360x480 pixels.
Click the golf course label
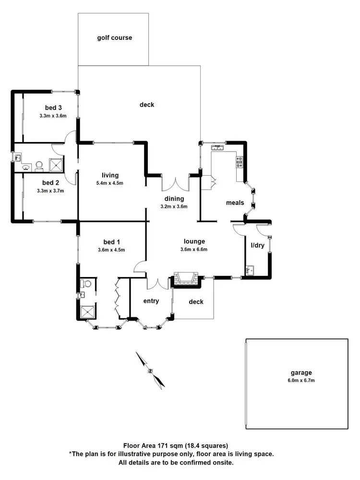(x=114, y=37)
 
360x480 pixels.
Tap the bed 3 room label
(x=53, y=107)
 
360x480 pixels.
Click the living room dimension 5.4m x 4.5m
(x=110, y=183)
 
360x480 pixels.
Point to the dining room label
(x=173, y=198)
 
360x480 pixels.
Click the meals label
(x=235, y=203)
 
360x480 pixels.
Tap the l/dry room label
(x=258, y=245)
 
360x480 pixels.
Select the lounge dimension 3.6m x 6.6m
(x=194, y=250)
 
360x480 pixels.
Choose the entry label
(x=151, y=301)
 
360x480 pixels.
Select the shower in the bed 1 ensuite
(x=87, y=312)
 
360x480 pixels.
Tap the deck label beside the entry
(x=196, y=302)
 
